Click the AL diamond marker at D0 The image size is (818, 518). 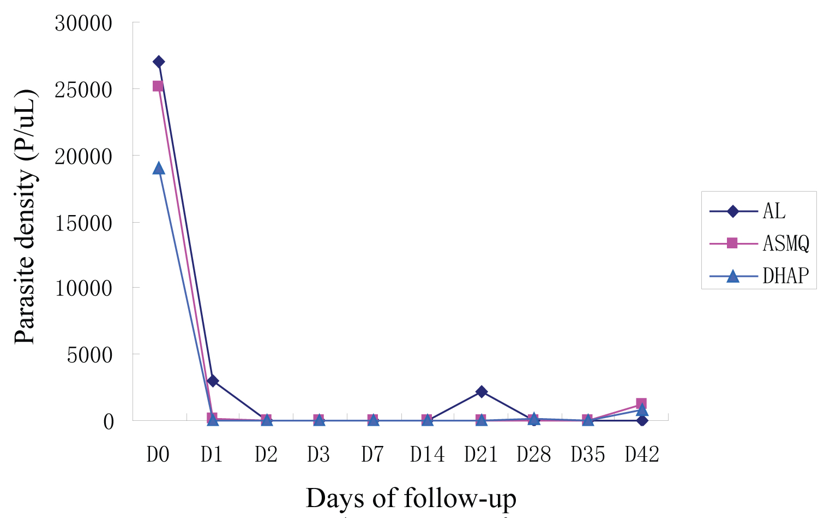[159, 62]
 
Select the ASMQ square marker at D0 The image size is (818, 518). [158, 86]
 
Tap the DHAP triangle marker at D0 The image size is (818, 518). [159, 168]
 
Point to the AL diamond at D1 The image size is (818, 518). [213, 380]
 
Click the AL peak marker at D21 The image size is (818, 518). [481, 391]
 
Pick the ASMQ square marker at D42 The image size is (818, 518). [641, 404]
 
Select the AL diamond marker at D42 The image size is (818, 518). [642, 420]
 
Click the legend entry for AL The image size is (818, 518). [774, 211]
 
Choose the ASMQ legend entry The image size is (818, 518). [785, 243]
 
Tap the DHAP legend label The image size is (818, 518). [785, 276]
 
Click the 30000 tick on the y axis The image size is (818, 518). [83, 23]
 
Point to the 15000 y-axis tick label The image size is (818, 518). [83, 223]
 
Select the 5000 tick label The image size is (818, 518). [89, 355]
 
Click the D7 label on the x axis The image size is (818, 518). [372, 454]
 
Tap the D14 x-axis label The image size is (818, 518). [427, 454]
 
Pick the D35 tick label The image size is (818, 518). [588, 454]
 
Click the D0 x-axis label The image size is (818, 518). [158, 454]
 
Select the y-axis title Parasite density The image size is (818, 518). [26, 217]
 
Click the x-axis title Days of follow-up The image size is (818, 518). [411, 498]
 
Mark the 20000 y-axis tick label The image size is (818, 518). [83, 157]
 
